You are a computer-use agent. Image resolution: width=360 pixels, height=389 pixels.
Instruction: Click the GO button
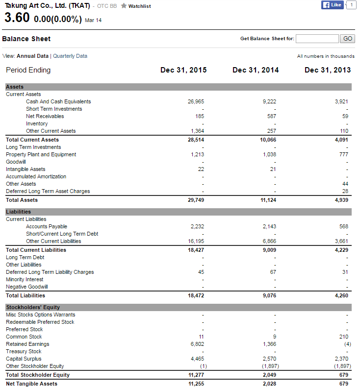(347, 39)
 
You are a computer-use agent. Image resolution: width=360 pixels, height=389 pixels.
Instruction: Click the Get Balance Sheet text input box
(317, 39)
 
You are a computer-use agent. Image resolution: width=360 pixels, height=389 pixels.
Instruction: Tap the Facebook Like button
(332, 5)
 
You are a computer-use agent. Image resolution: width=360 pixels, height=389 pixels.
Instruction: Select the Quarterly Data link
(70, 56)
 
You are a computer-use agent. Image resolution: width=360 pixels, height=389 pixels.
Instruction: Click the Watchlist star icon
(124, 6)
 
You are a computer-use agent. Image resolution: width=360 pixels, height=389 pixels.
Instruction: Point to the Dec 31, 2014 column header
(256, 70)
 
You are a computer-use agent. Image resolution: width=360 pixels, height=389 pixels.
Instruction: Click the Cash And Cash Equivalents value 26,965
(196, 101)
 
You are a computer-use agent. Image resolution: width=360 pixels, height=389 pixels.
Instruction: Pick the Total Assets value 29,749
(196, 200)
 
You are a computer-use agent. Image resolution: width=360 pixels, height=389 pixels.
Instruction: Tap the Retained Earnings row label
(27, 344)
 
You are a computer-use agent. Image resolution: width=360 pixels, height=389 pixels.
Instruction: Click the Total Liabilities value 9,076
(269, 295)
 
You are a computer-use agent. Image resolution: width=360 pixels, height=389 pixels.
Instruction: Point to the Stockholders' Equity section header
(33, 307)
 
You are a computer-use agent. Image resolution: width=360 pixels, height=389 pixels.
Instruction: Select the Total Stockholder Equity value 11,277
(196, 375)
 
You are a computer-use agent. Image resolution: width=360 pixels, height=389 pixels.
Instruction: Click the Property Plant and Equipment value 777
(343, 154)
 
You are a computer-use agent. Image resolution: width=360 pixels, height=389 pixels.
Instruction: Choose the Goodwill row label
(16, 162)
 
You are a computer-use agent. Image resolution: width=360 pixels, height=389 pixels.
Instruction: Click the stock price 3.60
(17, 18)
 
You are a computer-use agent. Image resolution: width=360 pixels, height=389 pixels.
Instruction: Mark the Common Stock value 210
(343, 337)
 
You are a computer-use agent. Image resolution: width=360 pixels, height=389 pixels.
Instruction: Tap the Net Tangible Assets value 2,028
(269, 384)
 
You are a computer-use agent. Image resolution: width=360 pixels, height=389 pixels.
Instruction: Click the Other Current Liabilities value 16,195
(196, 241)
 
